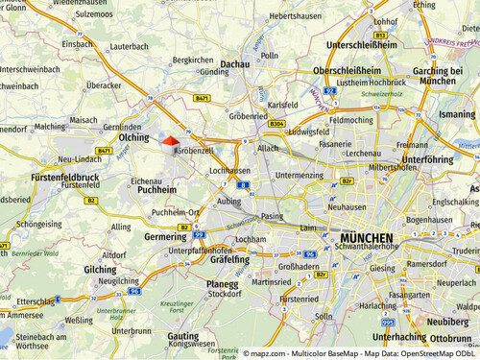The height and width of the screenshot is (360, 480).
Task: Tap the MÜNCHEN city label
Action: pyautogui.click(x=367, y=238)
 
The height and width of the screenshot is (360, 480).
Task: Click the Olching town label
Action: pyautogui.click(x=133, y=137)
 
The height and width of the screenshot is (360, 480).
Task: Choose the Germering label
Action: pyautogui.click(x=165, y=236)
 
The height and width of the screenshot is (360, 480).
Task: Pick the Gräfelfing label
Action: pyautogui.click(x=229, y=259)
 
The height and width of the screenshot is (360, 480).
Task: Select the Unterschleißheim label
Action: pyautogui.click(x=362, y=44)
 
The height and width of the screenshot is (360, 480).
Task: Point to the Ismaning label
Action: pyautogui.click(x=457, y=114)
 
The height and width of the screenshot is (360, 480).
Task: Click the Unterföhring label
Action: pyautogui.click(x=427, y=159)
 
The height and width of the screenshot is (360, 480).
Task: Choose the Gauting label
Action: pyautogui.click(x=182, y=337)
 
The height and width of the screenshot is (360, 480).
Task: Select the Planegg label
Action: pyautogui.click(x=223, y=284)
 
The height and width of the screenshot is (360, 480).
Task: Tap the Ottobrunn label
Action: pyautogui.click(x=450, y=338)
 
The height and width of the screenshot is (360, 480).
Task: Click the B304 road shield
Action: pyautogui.click(x=276, y=124)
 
